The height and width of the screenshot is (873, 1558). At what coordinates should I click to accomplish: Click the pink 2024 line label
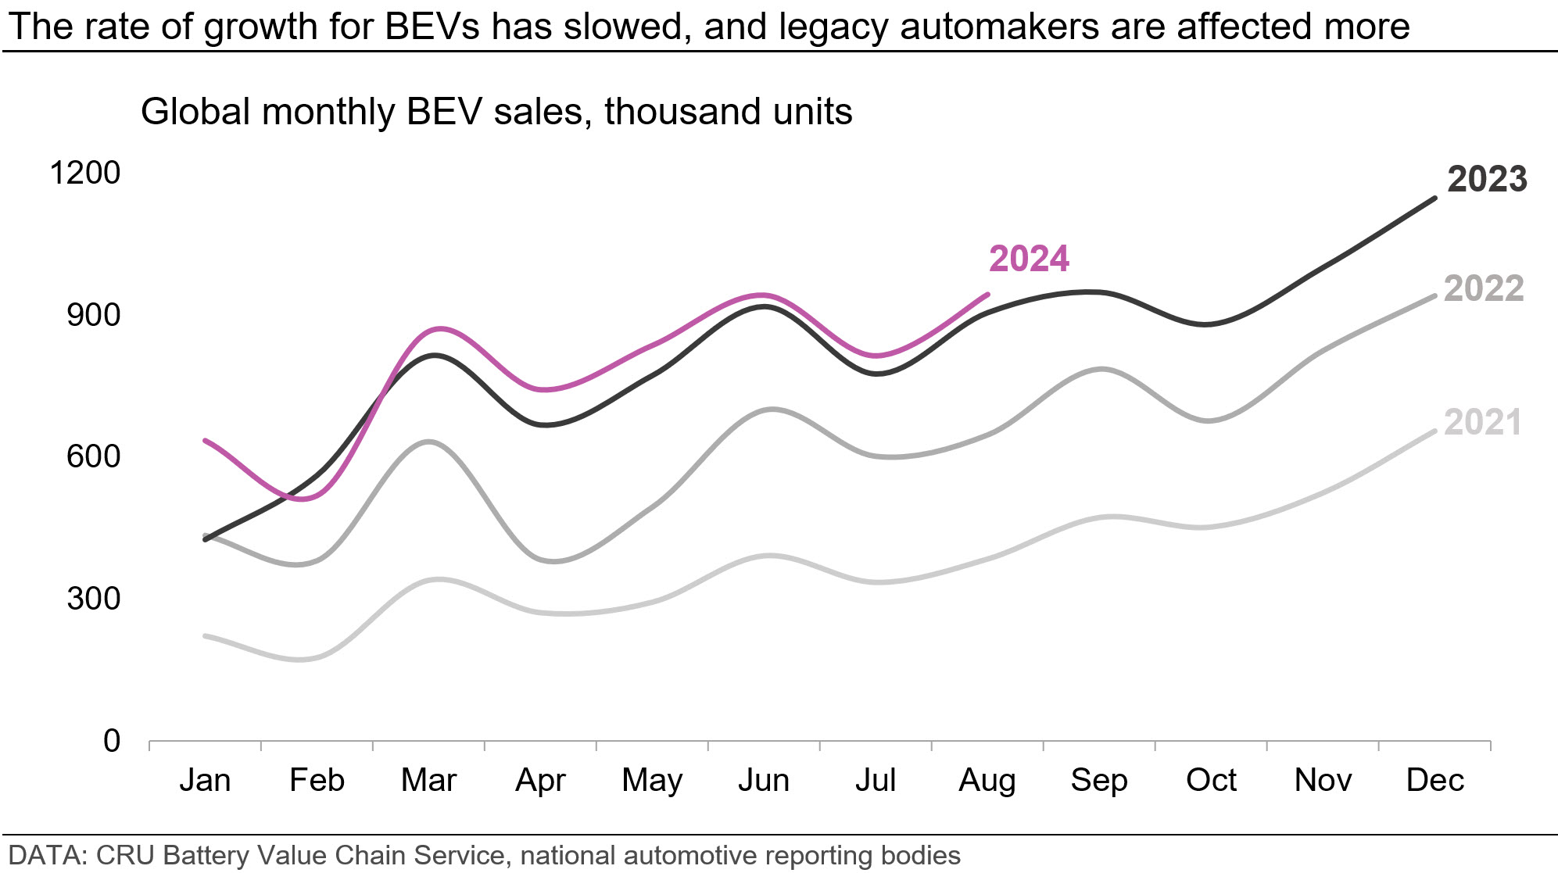coord(1029,259)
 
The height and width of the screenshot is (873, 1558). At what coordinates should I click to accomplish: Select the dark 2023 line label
coord(1487,180)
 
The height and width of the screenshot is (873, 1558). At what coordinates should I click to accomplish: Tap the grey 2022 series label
coord(1483,289)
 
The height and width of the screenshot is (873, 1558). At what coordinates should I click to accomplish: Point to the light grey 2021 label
coord(1482,423)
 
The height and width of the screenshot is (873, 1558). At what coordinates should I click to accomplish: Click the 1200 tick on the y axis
coord(85,173)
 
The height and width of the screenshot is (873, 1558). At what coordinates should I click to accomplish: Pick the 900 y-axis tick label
coord(94,315)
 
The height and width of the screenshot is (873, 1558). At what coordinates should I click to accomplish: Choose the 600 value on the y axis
coord(94,456)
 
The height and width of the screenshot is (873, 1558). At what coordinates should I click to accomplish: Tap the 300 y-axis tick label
coord(94,599)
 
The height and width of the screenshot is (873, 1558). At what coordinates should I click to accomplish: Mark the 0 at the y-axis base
coord(112,741)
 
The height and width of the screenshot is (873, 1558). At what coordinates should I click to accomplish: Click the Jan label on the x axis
coord(205,780)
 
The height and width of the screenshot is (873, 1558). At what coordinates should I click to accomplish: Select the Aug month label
coord(987,780)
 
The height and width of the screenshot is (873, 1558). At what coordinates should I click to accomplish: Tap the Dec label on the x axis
coord(1434,780)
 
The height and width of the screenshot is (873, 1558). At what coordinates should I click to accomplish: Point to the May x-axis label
coord(652,780)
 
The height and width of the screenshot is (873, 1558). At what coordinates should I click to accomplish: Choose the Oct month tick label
coord(1211,780)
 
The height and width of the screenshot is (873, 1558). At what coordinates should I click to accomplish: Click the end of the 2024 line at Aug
coord(988,295)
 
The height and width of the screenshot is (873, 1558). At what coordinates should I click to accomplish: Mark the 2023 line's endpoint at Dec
coord(1434,199)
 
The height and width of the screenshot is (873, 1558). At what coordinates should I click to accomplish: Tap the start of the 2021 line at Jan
coord(205,636)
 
